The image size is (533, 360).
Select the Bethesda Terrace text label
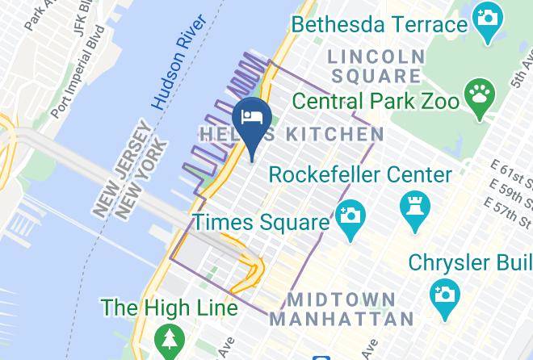pyautogui.click(x=379, y=24)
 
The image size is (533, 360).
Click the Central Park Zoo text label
pyautogui.click(x=376, y=102)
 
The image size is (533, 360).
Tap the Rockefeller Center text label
pyautogui.click(x=360, y=174)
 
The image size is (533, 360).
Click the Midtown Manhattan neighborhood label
pyautogui.click(x=342, y=308)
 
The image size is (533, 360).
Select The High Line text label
pyautogui.click(x=169, y=308)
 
